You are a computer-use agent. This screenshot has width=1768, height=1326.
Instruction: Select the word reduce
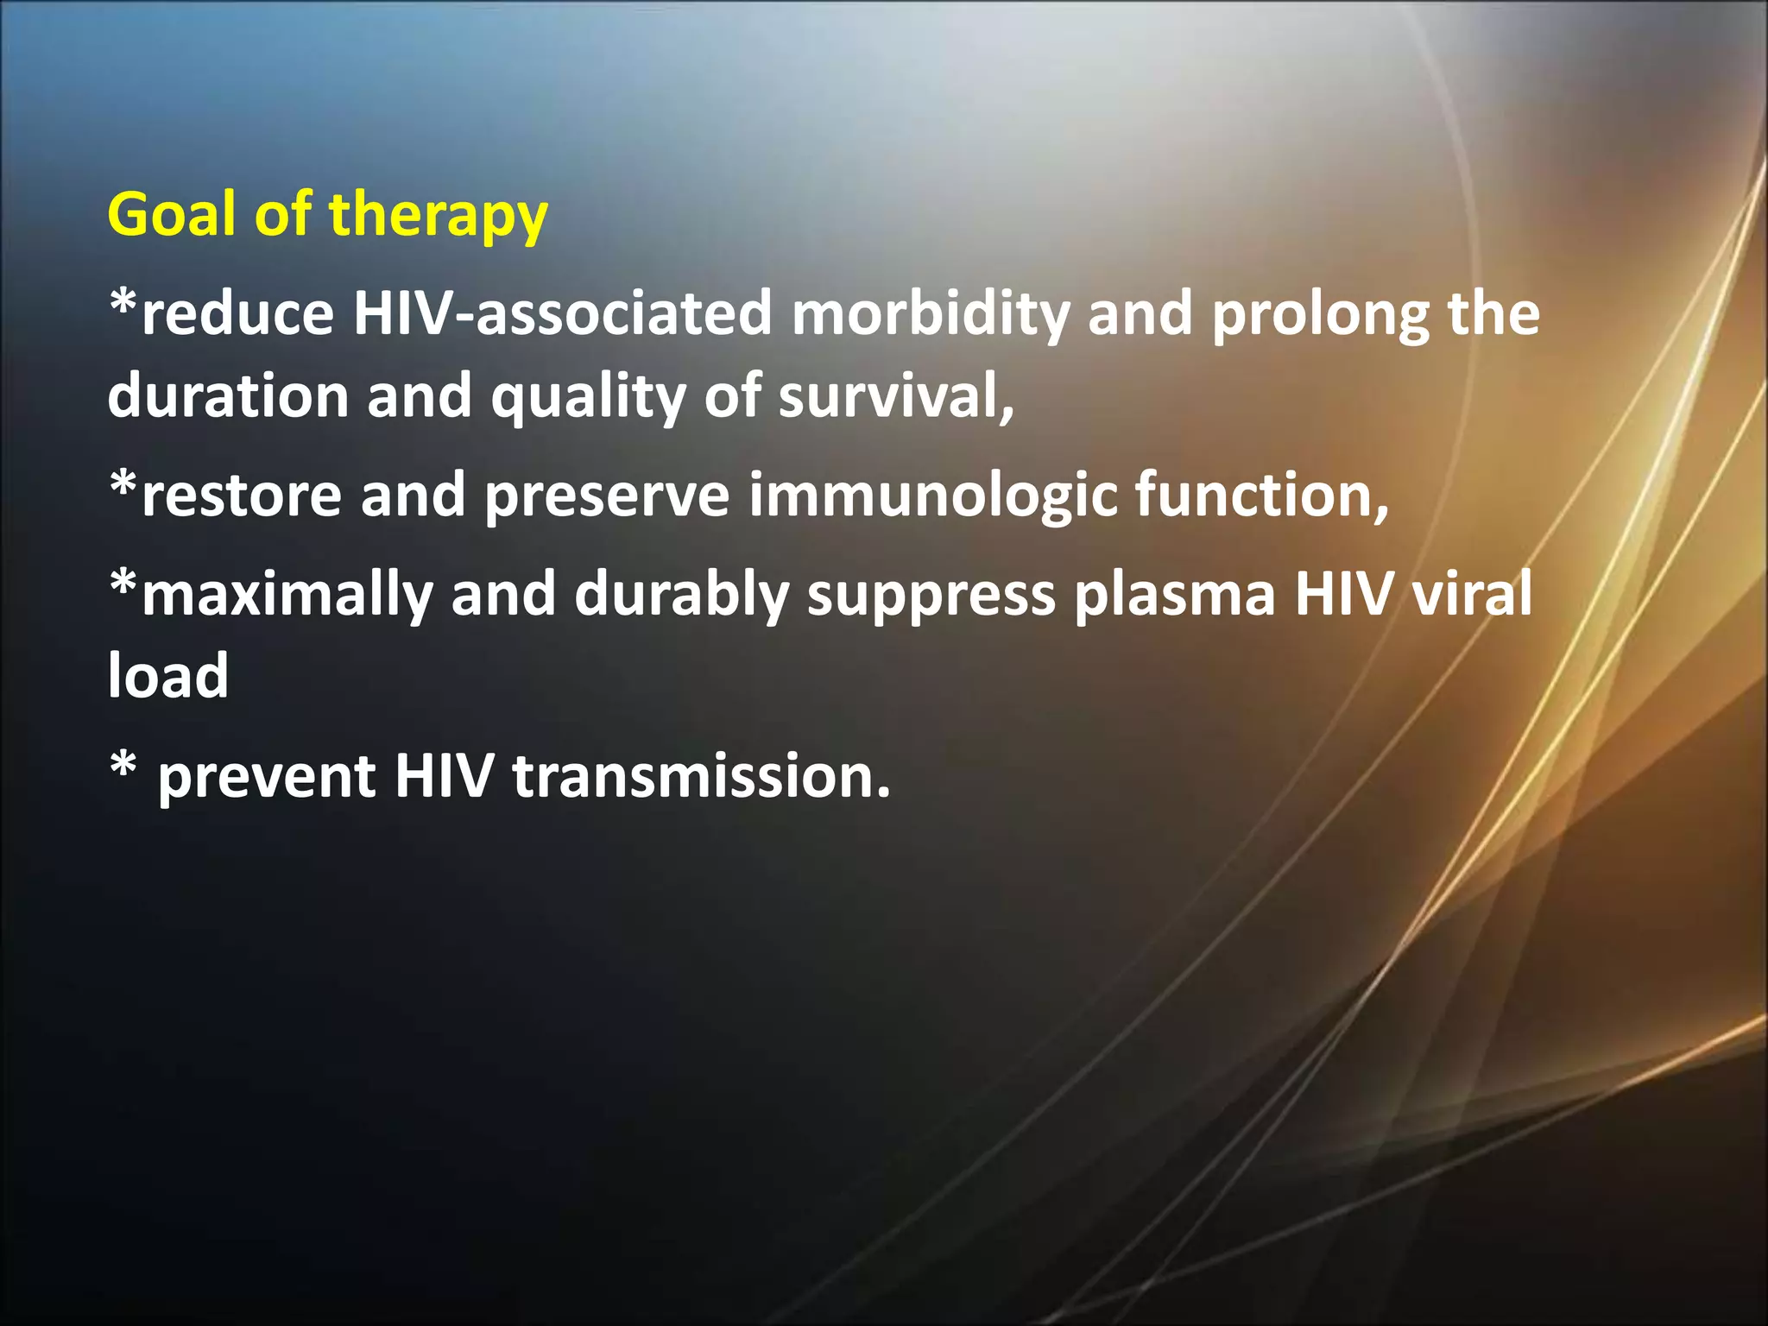click(x=237, y=313)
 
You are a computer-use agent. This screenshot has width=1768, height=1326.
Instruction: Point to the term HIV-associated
click(x=562, y=313)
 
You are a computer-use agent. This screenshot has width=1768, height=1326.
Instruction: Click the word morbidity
click(x=931, y=315)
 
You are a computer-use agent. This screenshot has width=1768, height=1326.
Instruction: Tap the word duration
click(x=228, y=396)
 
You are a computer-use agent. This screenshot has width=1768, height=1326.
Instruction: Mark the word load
click(x=168, y=676)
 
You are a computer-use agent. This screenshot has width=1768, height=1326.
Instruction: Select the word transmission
click(x=701, y=776)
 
